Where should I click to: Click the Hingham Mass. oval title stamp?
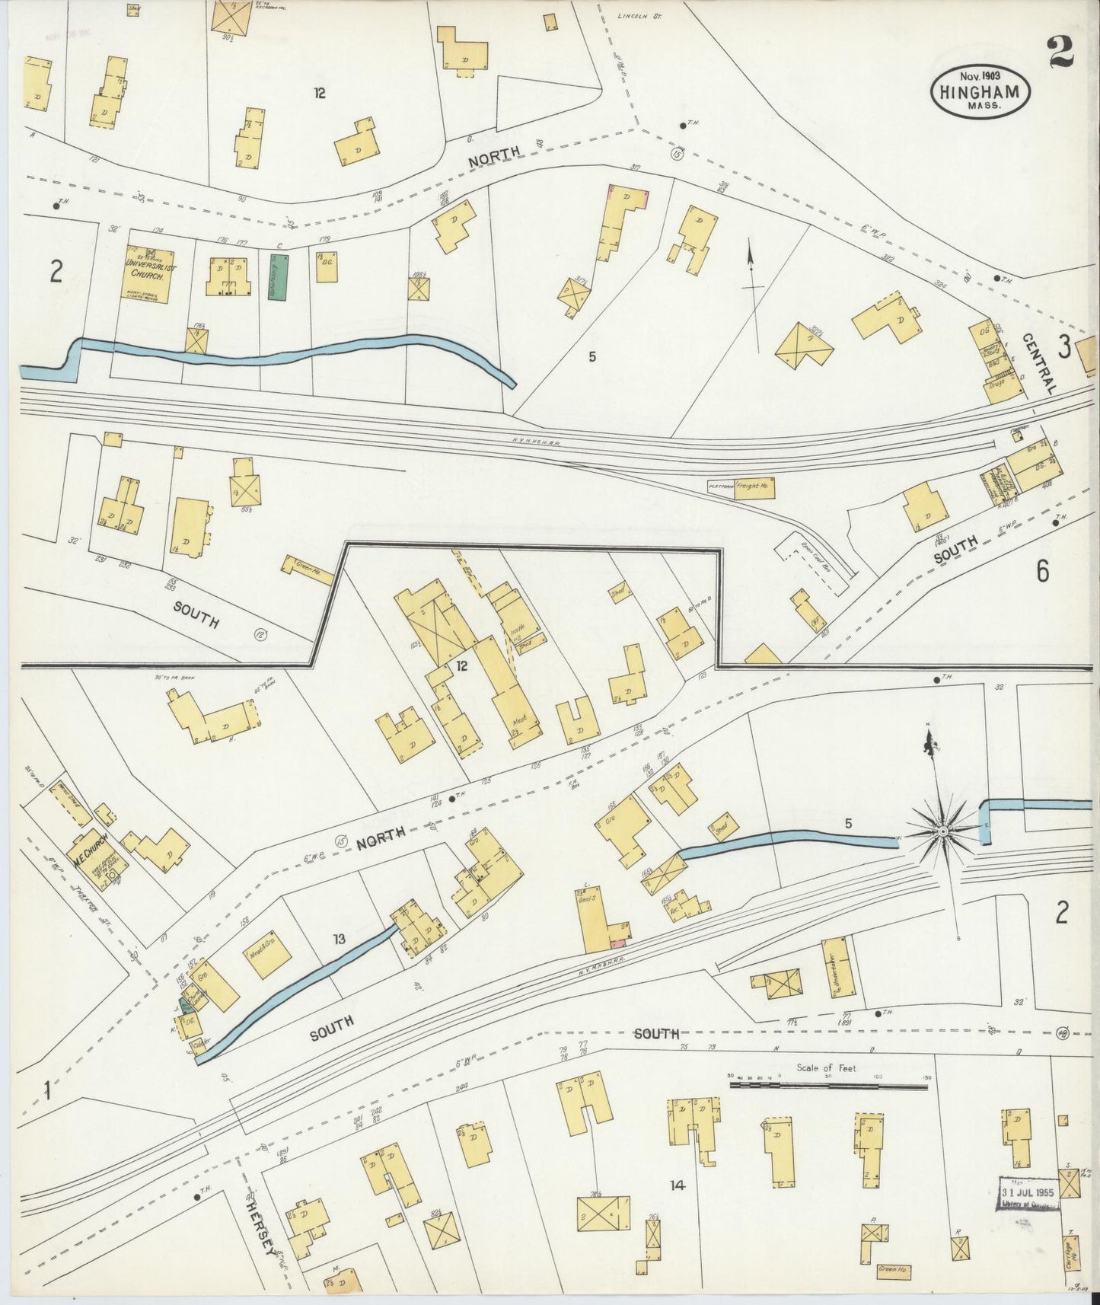pos(980,90)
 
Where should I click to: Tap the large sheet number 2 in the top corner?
pos(1060,52)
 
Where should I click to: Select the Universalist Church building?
pos(145,273)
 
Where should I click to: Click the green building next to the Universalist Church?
pos(279,276)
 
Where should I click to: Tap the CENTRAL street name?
pos(1039,362)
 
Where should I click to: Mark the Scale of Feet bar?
pos(830,1083)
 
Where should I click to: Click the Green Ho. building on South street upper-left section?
pos(308,569)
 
